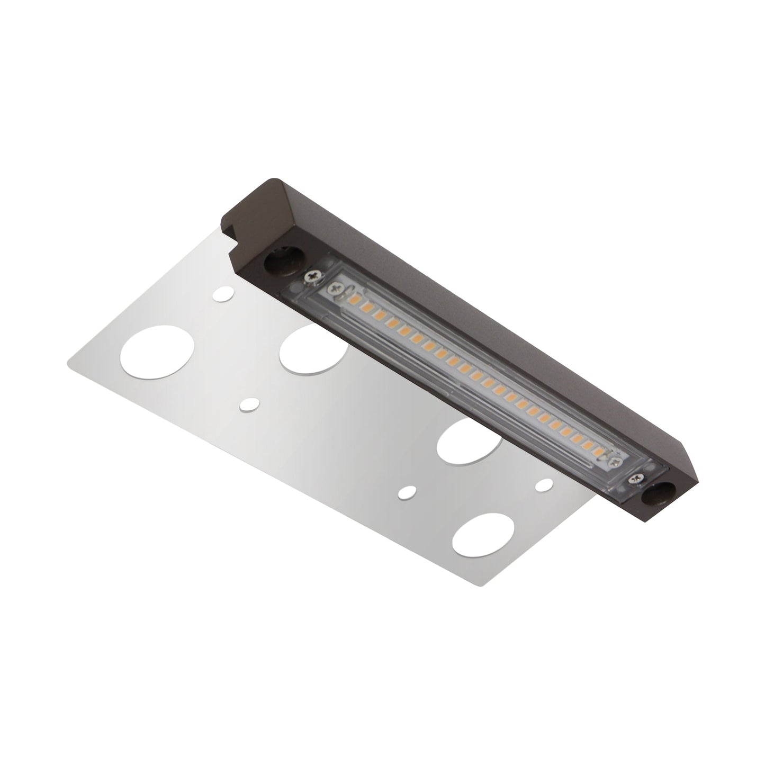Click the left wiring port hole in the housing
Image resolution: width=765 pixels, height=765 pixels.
[x=275, y=263]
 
